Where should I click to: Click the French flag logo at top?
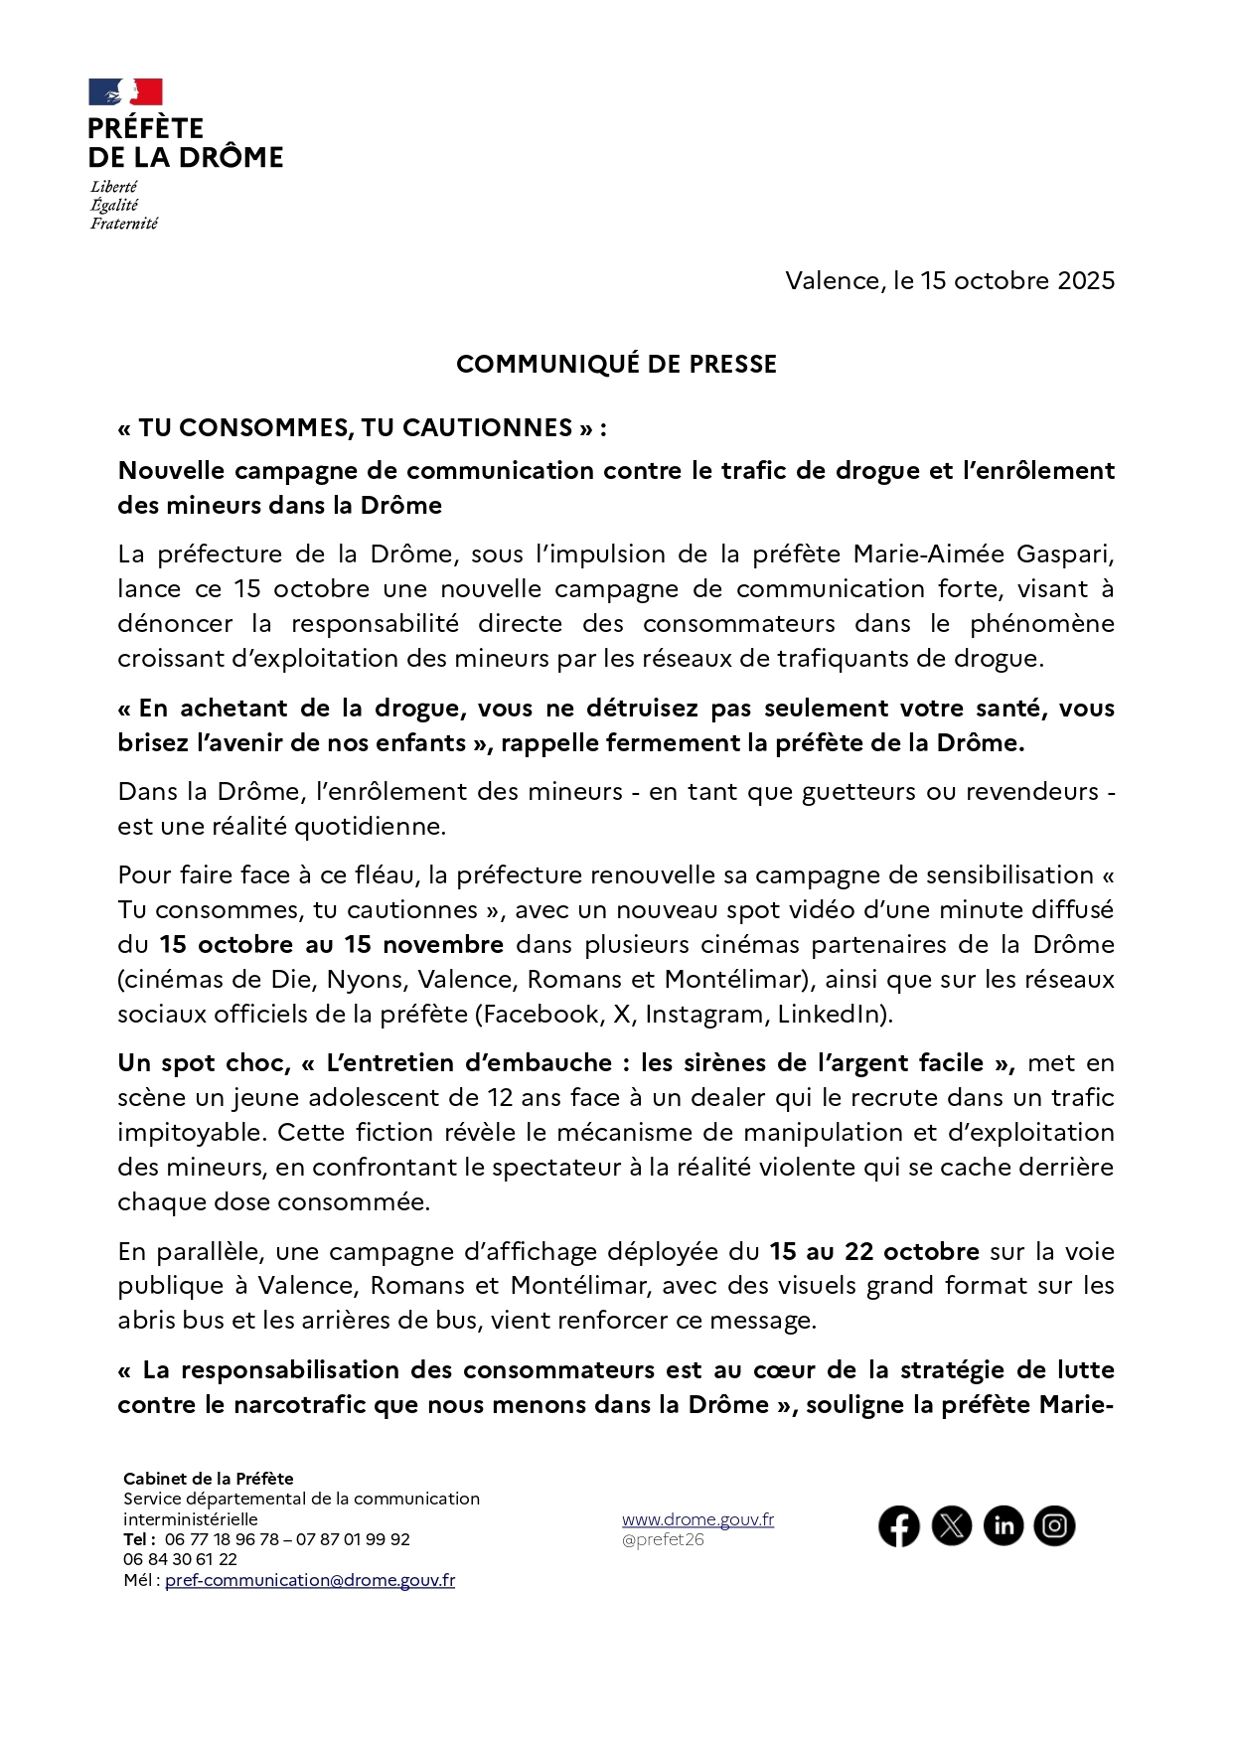point(125,92)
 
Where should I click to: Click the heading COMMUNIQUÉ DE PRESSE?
point(616,364)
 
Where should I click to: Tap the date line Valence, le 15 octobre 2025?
point(950,280)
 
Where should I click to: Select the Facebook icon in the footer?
point(899,1525)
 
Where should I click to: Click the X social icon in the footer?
point(952,1525)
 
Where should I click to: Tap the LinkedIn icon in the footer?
point(1003,1525)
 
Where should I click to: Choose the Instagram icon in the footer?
point(1055,1525)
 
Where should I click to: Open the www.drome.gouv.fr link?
point(697,1519)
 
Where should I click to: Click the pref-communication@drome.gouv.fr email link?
point(310,1580)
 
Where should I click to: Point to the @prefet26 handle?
point(663,1539)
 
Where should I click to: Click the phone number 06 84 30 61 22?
point(181,1559)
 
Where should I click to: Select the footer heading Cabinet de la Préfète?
point(209,1479)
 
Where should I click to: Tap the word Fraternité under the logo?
point(124,224)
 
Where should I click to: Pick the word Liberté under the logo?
point(114,187)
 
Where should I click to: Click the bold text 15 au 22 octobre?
point(874,1251)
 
